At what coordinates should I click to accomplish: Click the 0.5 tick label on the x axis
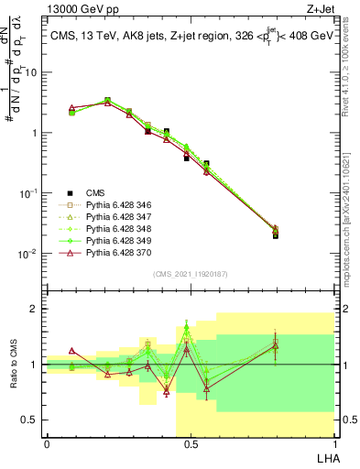pyautogui.click(x=190, y=444)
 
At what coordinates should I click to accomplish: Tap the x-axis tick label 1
pyautogui.click(x=333, y=444)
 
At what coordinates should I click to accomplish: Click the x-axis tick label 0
pyautogui.click(x=47, y=444)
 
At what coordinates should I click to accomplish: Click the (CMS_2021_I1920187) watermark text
pyautogui.click(x=190, y=272)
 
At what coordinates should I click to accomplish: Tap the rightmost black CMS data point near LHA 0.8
pyautogui.click(x=276, y=235)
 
